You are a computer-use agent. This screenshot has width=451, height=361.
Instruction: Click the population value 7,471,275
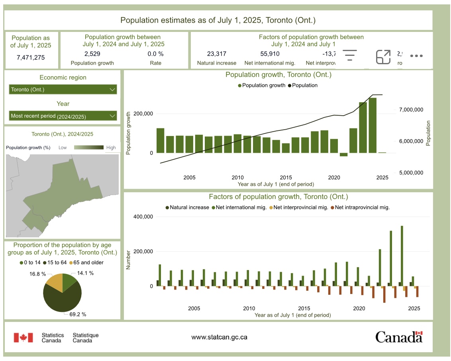(31, 57)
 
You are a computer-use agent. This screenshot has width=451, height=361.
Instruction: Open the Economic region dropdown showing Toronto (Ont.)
(63, 89)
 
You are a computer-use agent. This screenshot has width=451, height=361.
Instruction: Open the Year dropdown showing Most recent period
(63, 116)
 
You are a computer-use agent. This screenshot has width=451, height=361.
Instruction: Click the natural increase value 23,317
(217, 54)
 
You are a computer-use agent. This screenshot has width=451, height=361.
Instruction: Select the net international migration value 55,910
(270, 54)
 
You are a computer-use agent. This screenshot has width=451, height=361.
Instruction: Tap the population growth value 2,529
(92, 54)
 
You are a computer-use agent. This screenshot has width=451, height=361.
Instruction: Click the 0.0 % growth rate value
(155, 54)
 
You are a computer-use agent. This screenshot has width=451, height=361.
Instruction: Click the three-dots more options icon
(416, 56)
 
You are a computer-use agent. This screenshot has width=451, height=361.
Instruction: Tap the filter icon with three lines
(350, 55)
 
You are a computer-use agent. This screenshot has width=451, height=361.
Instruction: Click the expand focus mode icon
(383, 57)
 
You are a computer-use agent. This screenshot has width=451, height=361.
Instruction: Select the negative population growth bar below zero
(343, 155)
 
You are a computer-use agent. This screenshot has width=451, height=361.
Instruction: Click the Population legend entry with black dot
(302, 85)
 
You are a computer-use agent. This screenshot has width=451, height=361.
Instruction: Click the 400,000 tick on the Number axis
(142, 217)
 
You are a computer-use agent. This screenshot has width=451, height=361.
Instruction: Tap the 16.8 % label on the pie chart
(38, 274)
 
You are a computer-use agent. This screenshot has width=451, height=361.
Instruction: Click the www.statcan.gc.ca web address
(219, 337)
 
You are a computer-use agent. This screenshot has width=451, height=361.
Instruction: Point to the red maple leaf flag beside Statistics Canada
(23, 337)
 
